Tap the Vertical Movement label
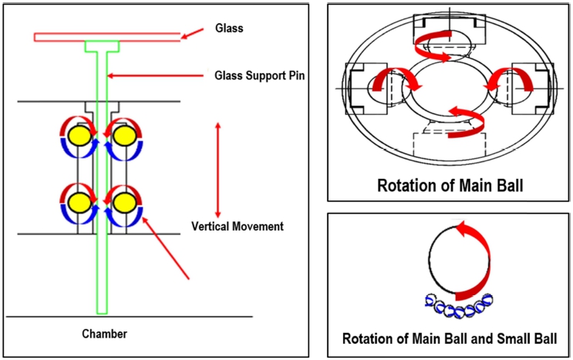(x=238, y=227)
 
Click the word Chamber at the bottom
(x=104, y=334)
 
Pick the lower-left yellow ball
(x=78, y=202)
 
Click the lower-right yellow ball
(x=122, y=202)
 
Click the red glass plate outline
(x=106, y=36)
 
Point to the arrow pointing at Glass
(x=196, y=32)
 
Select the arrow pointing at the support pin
(x=158, y=75)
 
